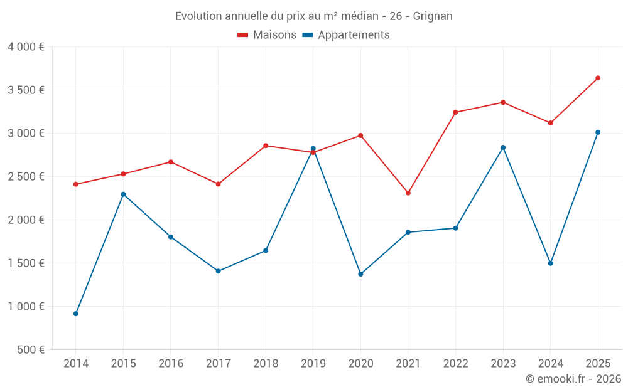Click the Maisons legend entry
coord(267,35)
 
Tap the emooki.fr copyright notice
coord(573,379)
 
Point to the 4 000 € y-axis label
coord(26,46)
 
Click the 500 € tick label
coord(30,349)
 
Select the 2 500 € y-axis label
coord(26,176)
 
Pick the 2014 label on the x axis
coord(76,363)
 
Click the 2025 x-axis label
coord(598,363)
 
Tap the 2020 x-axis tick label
coord(360,363)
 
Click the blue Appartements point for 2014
coord(76,314)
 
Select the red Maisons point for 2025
coord(598,78)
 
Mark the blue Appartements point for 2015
coord(123,194)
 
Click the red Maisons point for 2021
coord(408,193)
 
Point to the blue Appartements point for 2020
coord(360,274)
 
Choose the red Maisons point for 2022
coord(455,112)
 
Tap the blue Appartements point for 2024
coord(550,263)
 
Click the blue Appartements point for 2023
coord(503,147)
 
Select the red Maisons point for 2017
coord(218,184)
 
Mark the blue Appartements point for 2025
coord(598,132)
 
